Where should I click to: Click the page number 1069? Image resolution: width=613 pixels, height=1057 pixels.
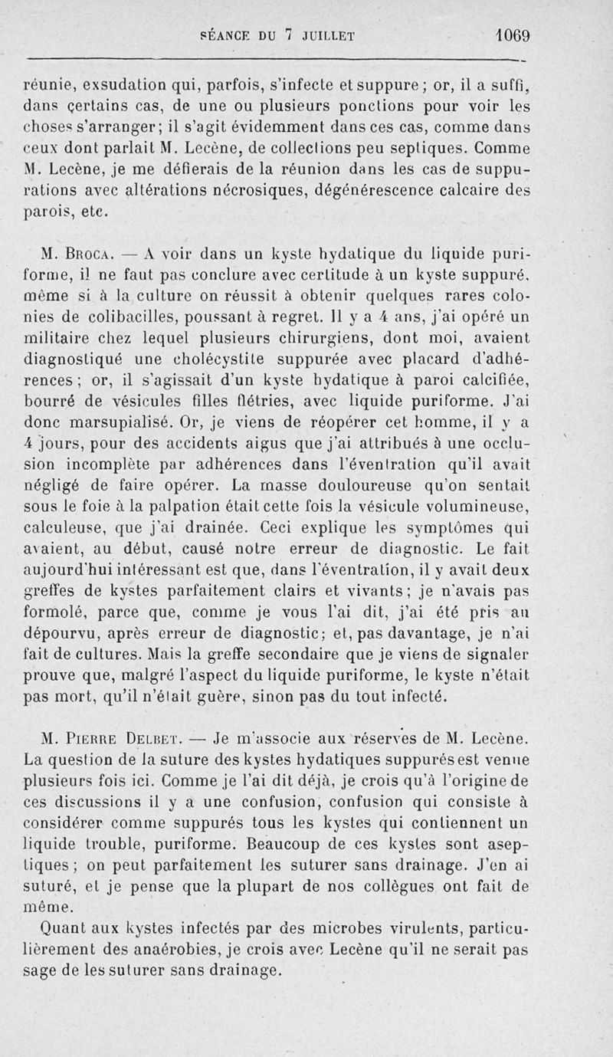[x=513, y=35]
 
